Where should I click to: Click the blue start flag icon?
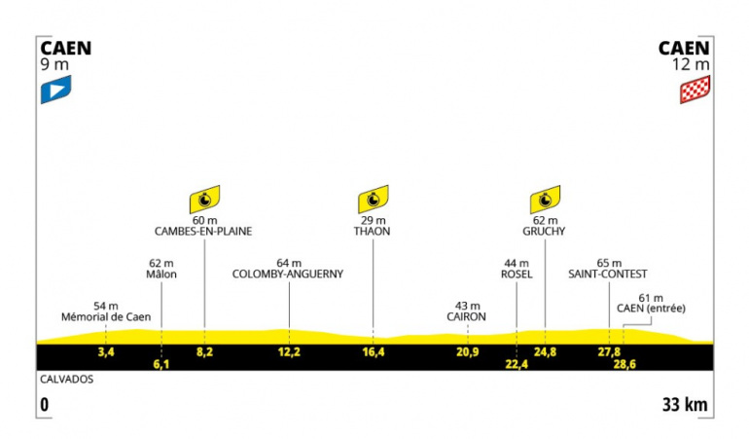(55, 91)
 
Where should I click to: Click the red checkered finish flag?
(695, 91)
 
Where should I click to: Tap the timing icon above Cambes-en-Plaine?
(204, 200)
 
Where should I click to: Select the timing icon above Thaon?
(373, 200)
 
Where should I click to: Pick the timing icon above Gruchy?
(545, 200)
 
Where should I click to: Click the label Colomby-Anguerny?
(289, 274)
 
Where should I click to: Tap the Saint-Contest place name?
(608, 274)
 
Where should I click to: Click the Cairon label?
(467, 317)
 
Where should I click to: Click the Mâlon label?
(160, 274)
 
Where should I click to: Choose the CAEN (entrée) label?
(652, 309)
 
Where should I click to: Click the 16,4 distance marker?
(373, 350)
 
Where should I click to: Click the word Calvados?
(66, 379)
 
